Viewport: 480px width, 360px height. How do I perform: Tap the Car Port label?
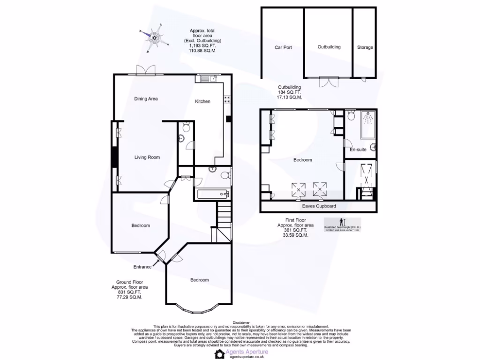[x=283, y=47]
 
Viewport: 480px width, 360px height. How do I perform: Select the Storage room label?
[x=365, y=47]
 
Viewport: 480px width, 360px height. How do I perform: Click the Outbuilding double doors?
[x=329, y=82]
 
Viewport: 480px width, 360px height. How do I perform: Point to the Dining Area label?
[x=146, y=99]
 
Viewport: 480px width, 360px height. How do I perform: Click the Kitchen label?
[x=202, y=101]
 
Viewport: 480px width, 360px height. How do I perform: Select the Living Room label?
[x=147, y=157]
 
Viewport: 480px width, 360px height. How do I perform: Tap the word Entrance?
[x=142, y=267]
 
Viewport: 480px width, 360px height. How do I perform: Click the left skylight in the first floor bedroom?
[x=298, y=189]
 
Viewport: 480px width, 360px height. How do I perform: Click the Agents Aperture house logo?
[x=219, y=353]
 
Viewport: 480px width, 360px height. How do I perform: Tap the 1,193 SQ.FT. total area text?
[x=202, y=46]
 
